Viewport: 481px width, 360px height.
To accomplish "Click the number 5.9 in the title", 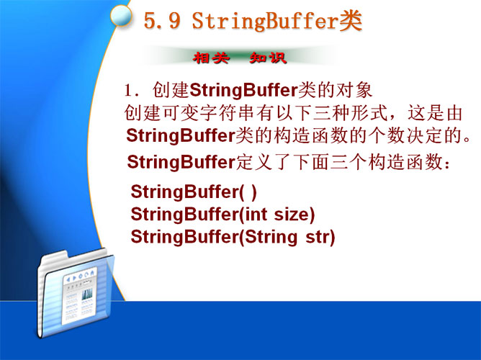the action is [x=162, y=21].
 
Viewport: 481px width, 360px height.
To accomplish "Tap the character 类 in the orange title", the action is [x=351, y=21].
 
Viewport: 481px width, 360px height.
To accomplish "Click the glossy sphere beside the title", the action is [x=121, y=15].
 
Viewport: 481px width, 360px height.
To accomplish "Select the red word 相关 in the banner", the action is [x=211, y=58].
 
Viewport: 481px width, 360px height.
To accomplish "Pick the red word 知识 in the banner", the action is [x=268, y=58].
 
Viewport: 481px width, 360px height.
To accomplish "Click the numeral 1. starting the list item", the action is [x=132, y=91].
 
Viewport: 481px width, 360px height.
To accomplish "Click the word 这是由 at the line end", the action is [x=435, y=113].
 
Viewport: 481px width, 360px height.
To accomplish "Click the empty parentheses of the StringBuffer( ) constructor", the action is [x=248, y=192].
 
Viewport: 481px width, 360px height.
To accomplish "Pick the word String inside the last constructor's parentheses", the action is [x=271, y=237].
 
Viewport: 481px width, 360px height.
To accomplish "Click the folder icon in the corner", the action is [x=75, y=294].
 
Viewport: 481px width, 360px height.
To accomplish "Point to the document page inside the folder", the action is [x=79, y=295].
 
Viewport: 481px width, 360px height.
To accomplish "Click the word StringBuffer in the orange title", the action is [x=265, y=21].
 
